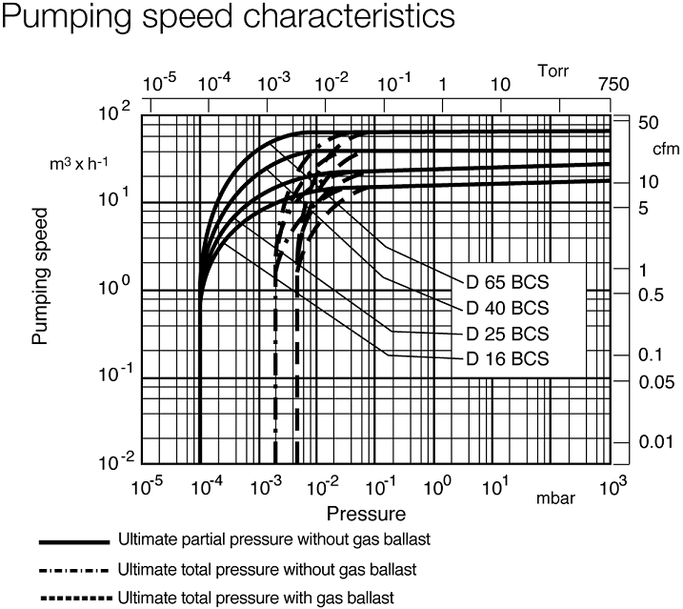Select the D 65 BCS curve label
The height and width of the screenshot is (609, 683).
(508, 281)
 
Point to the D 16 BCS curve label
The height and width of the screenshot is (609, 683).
(508, 359)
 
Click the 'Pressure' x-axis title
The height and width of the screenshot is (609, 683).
(367, 515)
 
